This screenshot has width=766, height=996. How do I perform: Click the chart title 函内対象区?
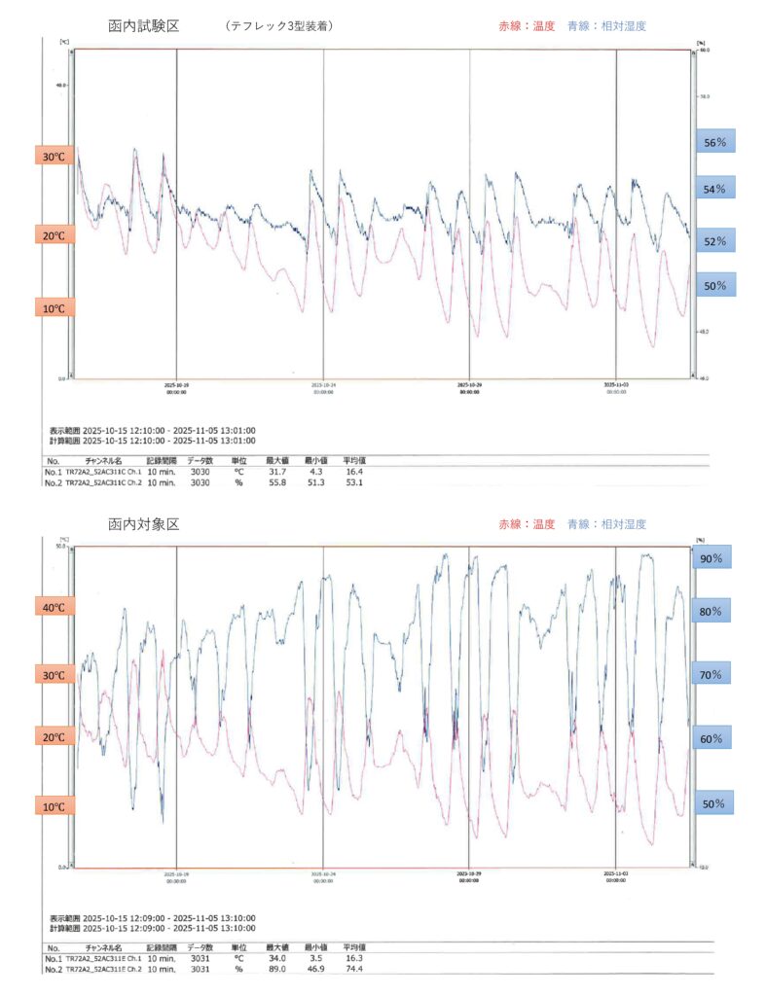pos(144,524)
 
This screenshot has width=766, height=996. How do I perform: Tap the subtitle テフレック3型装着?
pos(278,26)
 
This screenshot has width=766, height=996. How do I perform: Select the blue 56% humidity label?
pos(715,142)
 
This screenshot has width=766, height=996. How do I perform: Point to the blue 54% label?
pos(715,189)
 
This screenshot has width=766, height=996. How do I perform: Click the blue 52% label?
pos(715,240)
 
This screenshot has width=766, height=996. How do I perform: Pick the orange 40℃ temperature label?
pos(53,608)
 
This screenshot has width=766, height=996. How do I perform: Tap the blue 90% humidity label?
pos(711,558)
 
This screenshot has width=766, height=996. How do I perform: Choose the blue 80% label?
pos(711,612)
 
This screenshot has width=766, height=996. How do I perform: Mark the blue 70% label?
pos(711,674)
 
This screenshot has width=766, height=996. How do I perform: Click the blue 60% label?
pos(711,738)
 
